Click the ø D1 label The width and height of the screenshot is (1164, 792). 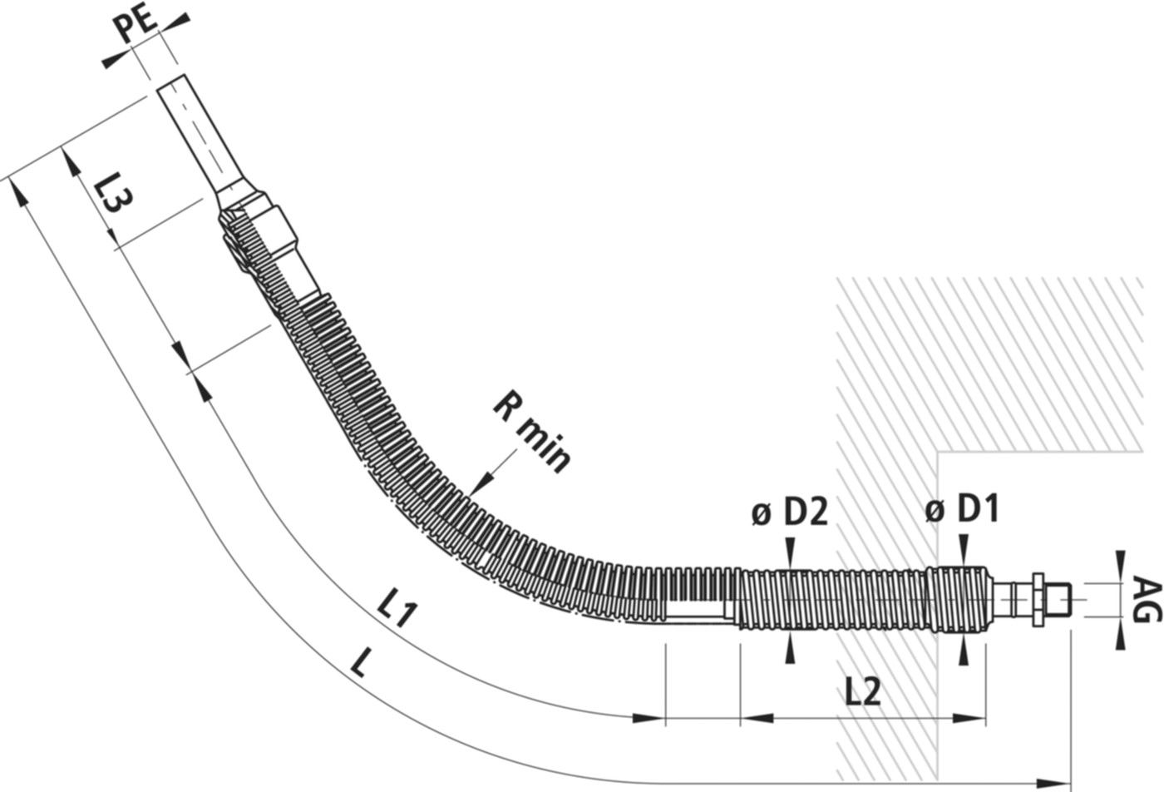[x=962, y=508]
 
